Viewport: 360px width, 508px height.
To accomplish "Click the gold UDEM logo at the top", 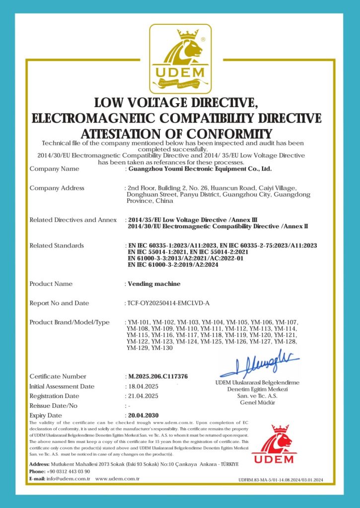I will coord(180,59).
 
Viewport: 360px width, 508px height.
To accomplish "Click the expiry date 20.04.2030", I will coord(143,415).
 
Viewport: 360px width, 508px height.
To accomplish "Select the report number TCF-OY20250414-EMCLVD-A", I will coord(168,303).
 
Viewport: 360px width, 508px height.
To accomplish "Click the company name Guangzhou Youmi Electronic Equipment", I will coord(200,169).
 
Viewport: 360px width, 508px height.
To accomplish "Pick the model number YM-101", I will coord(138,322).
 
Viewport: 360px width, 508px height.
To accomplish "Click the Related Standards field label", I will coord(57,246).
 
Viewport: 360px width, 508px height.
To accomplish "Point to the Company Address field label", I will coord(57,188).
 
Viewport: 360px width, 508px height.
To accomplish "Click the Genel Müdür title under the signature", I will coord(258,402).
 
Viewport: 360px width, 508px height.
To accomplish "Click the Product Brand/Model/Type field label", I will coord(70,322).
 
